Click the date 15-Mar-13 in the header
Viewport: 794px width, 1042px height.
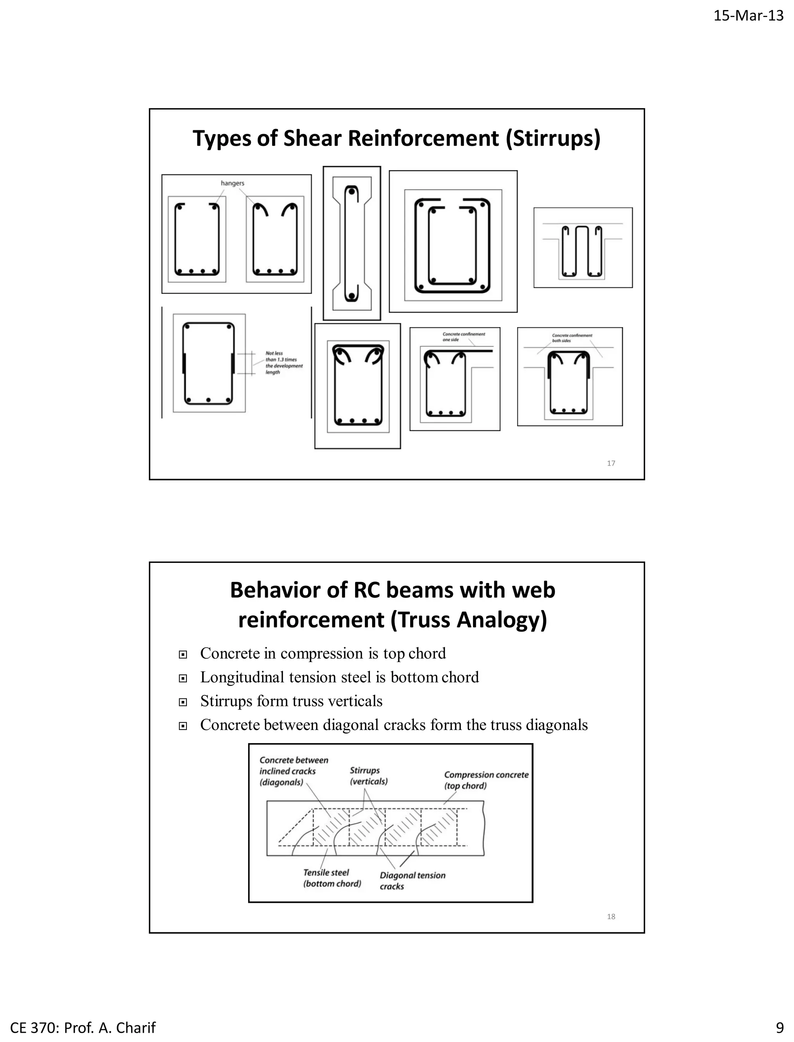748,16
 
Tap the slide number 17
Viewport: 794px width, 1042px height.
611,463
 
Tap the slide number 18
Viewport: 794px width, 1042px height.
611,916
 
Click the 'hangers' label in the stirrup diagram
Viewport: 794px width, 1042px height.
233,183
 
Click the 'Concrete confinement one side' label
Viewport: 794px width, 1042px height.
463,336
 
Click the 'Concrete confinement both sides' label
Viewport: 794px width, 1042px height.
571,338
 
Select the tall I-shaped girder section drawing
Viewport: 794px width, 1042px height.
352,243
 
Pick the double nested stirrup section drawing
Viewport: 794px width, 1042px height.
453,242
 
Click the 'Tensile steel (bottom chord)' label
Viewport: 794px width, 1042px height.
332,878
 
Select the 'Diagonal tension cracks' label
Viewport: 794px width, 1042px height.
412,880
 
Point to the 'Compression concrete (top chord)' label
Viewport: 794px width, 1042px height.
485,780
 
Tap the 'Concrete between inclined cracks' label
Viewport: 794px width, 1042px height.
293,771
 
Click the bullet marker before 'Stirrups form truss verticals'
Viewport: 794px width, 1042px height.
183,702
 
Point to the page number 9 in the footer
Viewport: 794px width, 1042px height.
779,1028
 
